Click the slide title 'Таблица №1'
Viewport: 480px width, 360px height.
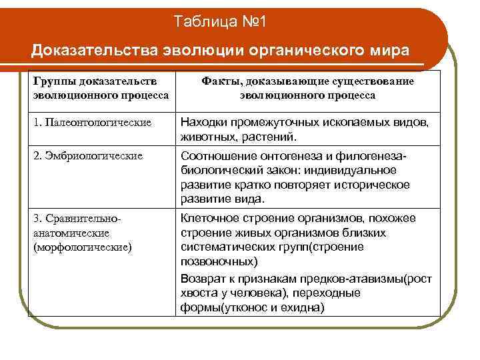[220, 23]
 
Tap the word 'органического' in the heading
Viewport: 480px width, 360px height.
[303, 51]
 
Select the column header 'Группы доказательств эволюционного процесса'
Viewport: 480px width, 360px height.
[99, 88]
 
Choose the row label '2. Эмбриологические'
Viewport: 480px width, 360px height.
[87, 156]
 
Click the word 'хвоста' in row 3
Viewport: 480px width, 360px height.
[198, 293]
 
